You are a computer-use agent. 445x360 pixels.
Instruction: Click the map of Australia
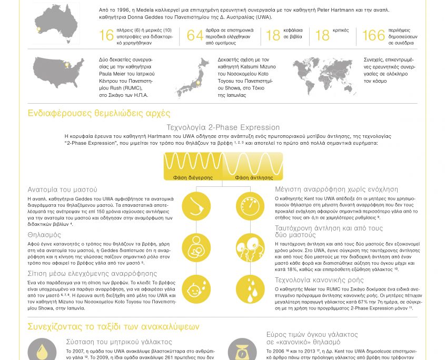[56, 22]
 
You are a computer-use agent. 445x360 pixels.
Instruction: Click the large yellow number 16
[106, 35]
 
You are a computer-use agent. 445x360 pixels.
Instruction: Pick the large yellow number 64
[195, 35]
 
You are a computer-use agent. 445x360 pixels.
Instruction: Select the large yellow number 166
[373, 35]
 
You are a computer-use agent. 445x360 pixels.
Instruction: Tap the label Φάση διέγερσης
[193, 177]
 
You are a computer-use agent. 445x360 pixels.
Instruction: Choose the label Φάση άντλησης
[254, 177]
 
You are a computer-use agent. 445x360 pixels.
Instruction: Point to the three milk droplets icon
[250, 289]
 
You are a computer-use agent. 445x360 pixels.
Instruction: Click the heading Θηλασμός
[44, 235]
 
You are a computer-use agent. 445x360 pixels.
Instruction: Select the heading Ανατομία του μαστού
[62, 189]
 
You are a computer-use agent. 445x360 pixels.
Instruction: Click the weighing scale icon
[242, 348]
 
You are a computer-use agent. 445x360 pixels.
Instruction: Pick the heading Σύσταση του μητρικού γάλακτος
[119, 342]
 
